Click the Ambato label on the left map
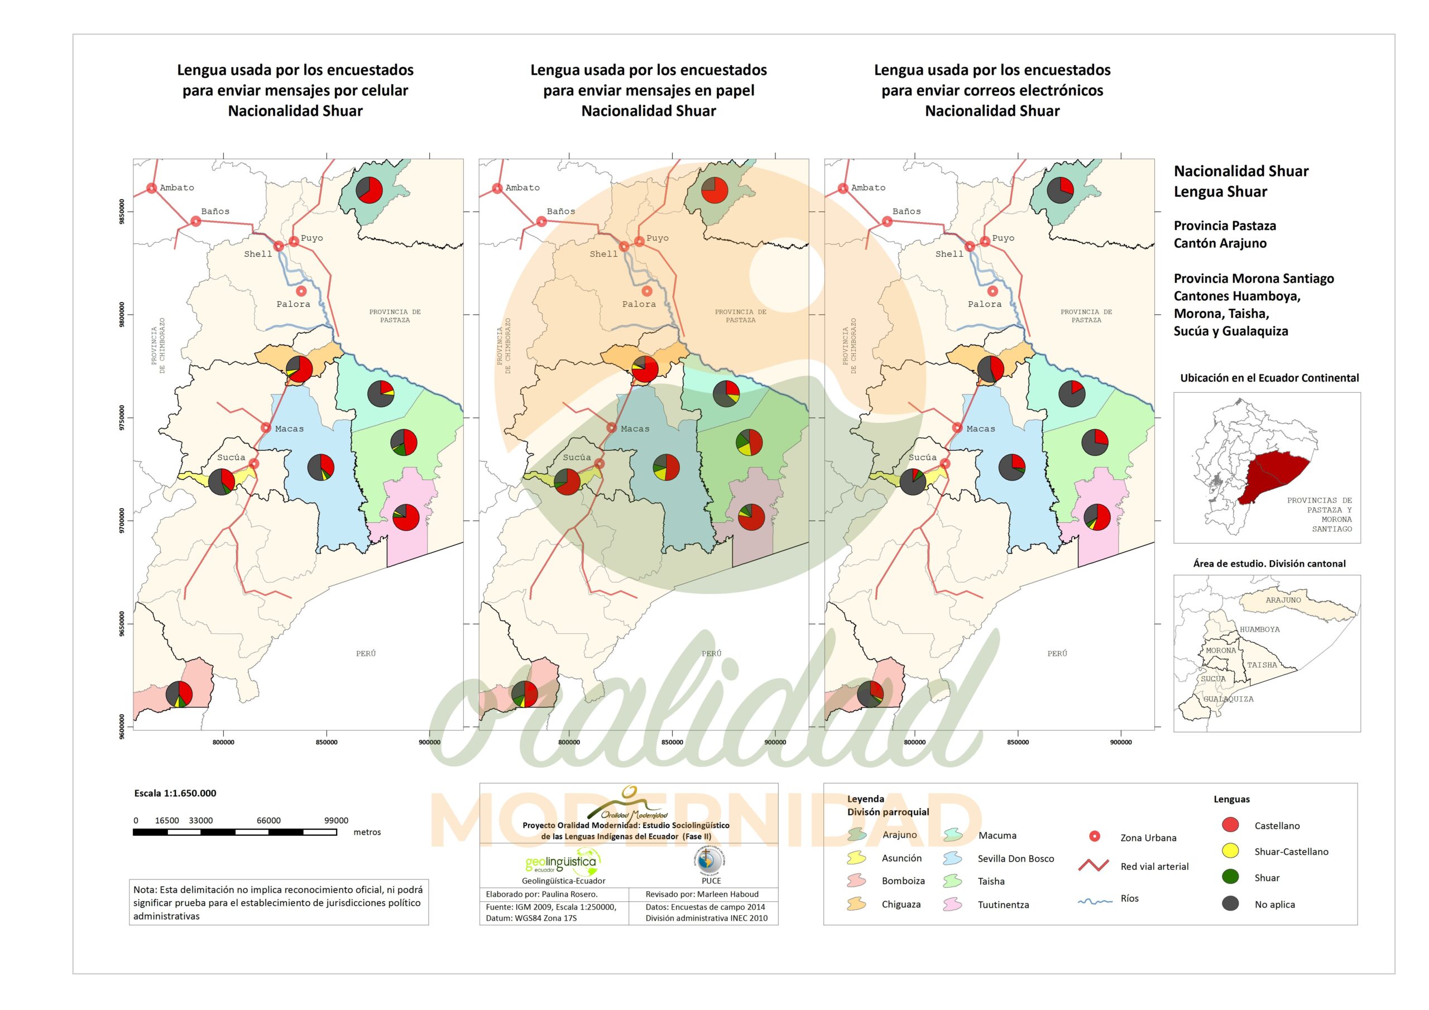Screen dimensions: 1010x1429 point(177,188)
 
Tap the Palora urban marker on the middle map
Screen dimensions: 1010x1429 point(648,291)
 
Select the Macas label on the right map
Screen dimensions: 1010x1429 point(980,429)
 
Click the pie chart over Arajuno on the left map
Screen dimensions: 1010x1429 point(369,190)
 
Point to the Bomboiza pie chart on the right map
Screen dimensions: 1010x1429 point(870,694)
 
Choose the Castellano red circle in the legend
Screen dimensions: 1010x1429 point(1230,825)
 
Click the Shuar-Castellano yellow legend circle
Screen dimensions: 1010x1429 point(1230,851)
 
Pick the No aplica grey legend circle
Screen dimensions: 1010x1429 point(1230,903)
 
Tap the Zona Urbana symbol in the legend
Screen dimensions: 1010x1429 point(1094,836)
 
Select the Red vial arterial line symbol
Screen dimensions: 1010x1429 point(1094,865)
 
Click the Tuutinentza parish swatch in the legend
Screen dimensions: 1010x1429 point(953,904)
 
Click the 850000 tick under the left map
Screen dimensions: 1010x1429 point(327,742)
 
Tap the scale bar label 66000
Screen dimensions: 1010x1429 point(269,820)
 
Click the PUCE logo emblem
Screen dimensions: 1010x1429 point(710,860)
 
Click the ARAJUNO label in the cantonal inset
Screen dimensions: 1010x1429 point(1283,600)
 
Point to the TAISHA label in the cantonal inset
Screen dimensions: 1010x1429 point(1262,665)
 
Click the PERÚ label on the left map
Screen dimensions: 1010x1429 point(366,653)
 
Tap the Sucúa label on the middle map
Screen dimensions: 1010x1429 point(577,458)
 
